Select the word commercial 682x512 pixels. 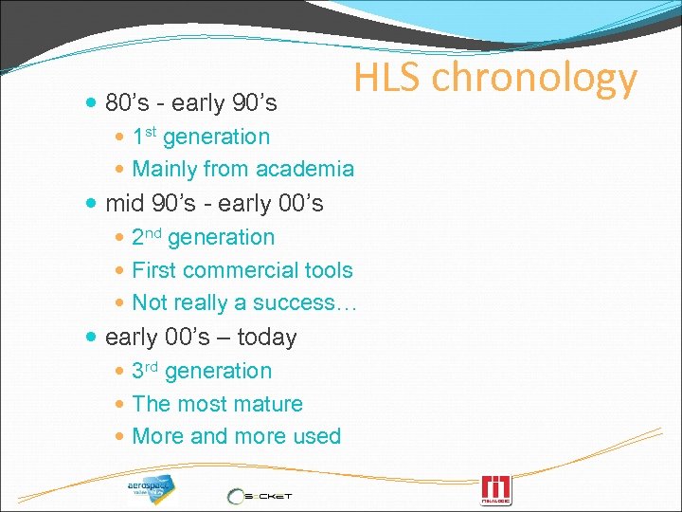(241, 270)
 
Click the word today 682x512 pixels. (267, 338)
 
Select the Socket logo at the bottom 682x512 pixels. (259, 494)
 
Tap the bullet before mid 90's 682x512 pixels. (90, 204)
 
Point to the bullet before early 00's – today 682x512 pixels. (90, 338)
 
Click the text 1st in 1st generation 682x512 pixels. (144, 137)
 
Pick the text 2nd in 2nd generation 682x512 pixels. (146, 237)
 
